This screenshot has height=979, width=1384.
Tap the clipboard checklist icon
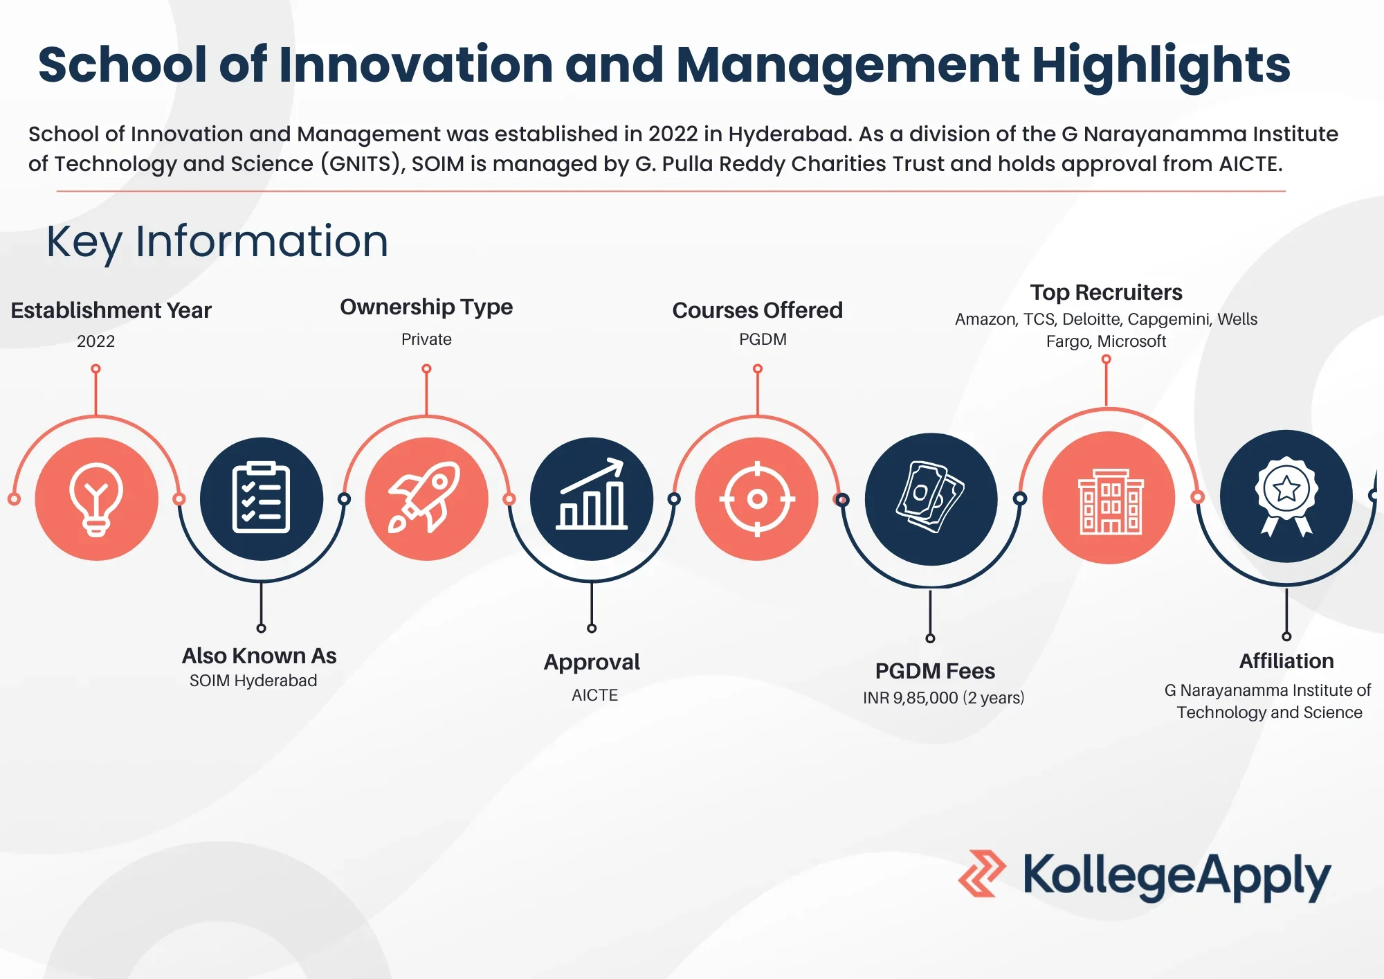pyautogui.click(x=261, y=497)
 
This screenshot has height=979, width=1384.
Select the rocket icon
pyautogui.click(x=425, y=497)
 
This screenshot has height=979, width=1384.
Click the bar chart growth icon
pyautogui.click(x=592, y=494)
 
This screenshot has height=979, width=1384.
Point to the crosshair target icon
pyautogui.click(x=757, y=499)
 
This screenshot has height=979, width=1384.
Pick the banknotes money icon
pyautogui.click(x=930, y=496)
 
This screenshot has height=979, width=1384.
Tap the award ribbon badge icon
pyautogui.click(x=1286, y=496)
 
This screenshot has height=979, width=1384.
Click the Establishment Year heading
pyautogui.click(x=111, y=310)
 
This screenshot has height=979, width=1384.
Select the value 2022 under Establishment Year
pyautogui.click(x=95, y=341)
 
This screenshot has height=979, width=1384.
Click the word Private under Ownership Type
pyautogui.click(x=426, y=339)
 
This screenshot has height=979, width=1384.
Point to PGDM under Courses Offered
pyautogui.click(x=763, y=339)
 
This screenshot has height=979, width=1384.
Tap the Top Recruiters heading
pyautogui.click(x=1106, y=292)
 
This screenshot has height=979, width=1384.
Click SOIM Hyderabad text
pyautogui.click(x=253, y=681)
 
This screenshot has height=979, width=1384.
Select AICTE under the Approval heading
pyautogui.click(x=594, y=695)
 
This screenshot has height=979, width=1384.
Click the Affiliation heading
pyautogui.click(x=1286, y=661)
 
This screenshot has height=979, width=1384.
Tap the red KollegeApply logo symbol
pyautogui.click(x=981, y=873)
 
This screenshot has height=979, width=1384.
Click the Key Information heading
pyautogui.click(x=217, y=242)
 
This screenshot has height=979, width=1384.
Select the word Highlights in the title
pyautogui.click(x=1160, y=65)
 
